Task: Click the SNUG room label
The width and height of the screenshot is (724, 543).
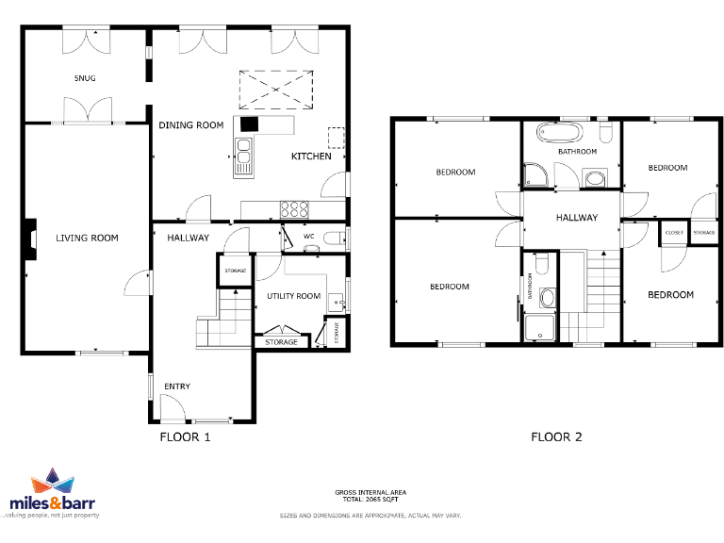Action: [x=85, y=78]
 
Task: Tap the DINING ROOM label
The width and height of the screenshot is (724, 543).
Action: [x=190, y=125]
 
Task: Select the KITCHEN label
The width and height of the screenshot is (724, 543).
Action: [x=311, y=156]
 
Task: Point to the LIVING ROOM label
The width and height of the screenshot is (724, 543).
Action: [x=87, y=239]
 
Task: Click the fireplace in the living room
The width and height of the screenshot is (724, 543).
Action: [x=31, y=239]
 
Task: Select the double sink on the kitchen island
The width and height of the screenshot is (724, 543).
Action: [x=243, y=152]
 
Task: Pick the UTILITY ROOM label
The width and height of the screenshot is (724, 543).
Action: [x=293, y=296]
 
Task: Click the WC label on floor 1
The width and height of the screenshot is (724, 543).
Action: [x=308, y=237]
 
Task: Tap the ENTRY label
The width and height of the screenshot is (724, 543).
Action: [x=177, y=387]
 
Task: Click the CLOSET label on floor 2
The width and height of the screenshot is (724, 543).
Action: [x=674, y=232]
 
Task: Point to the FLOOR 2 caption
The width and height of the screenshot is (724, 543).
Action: [x=556, y=436]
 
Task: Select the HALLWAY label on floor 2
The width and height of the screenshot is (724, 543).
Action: [x=576, y=218]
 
